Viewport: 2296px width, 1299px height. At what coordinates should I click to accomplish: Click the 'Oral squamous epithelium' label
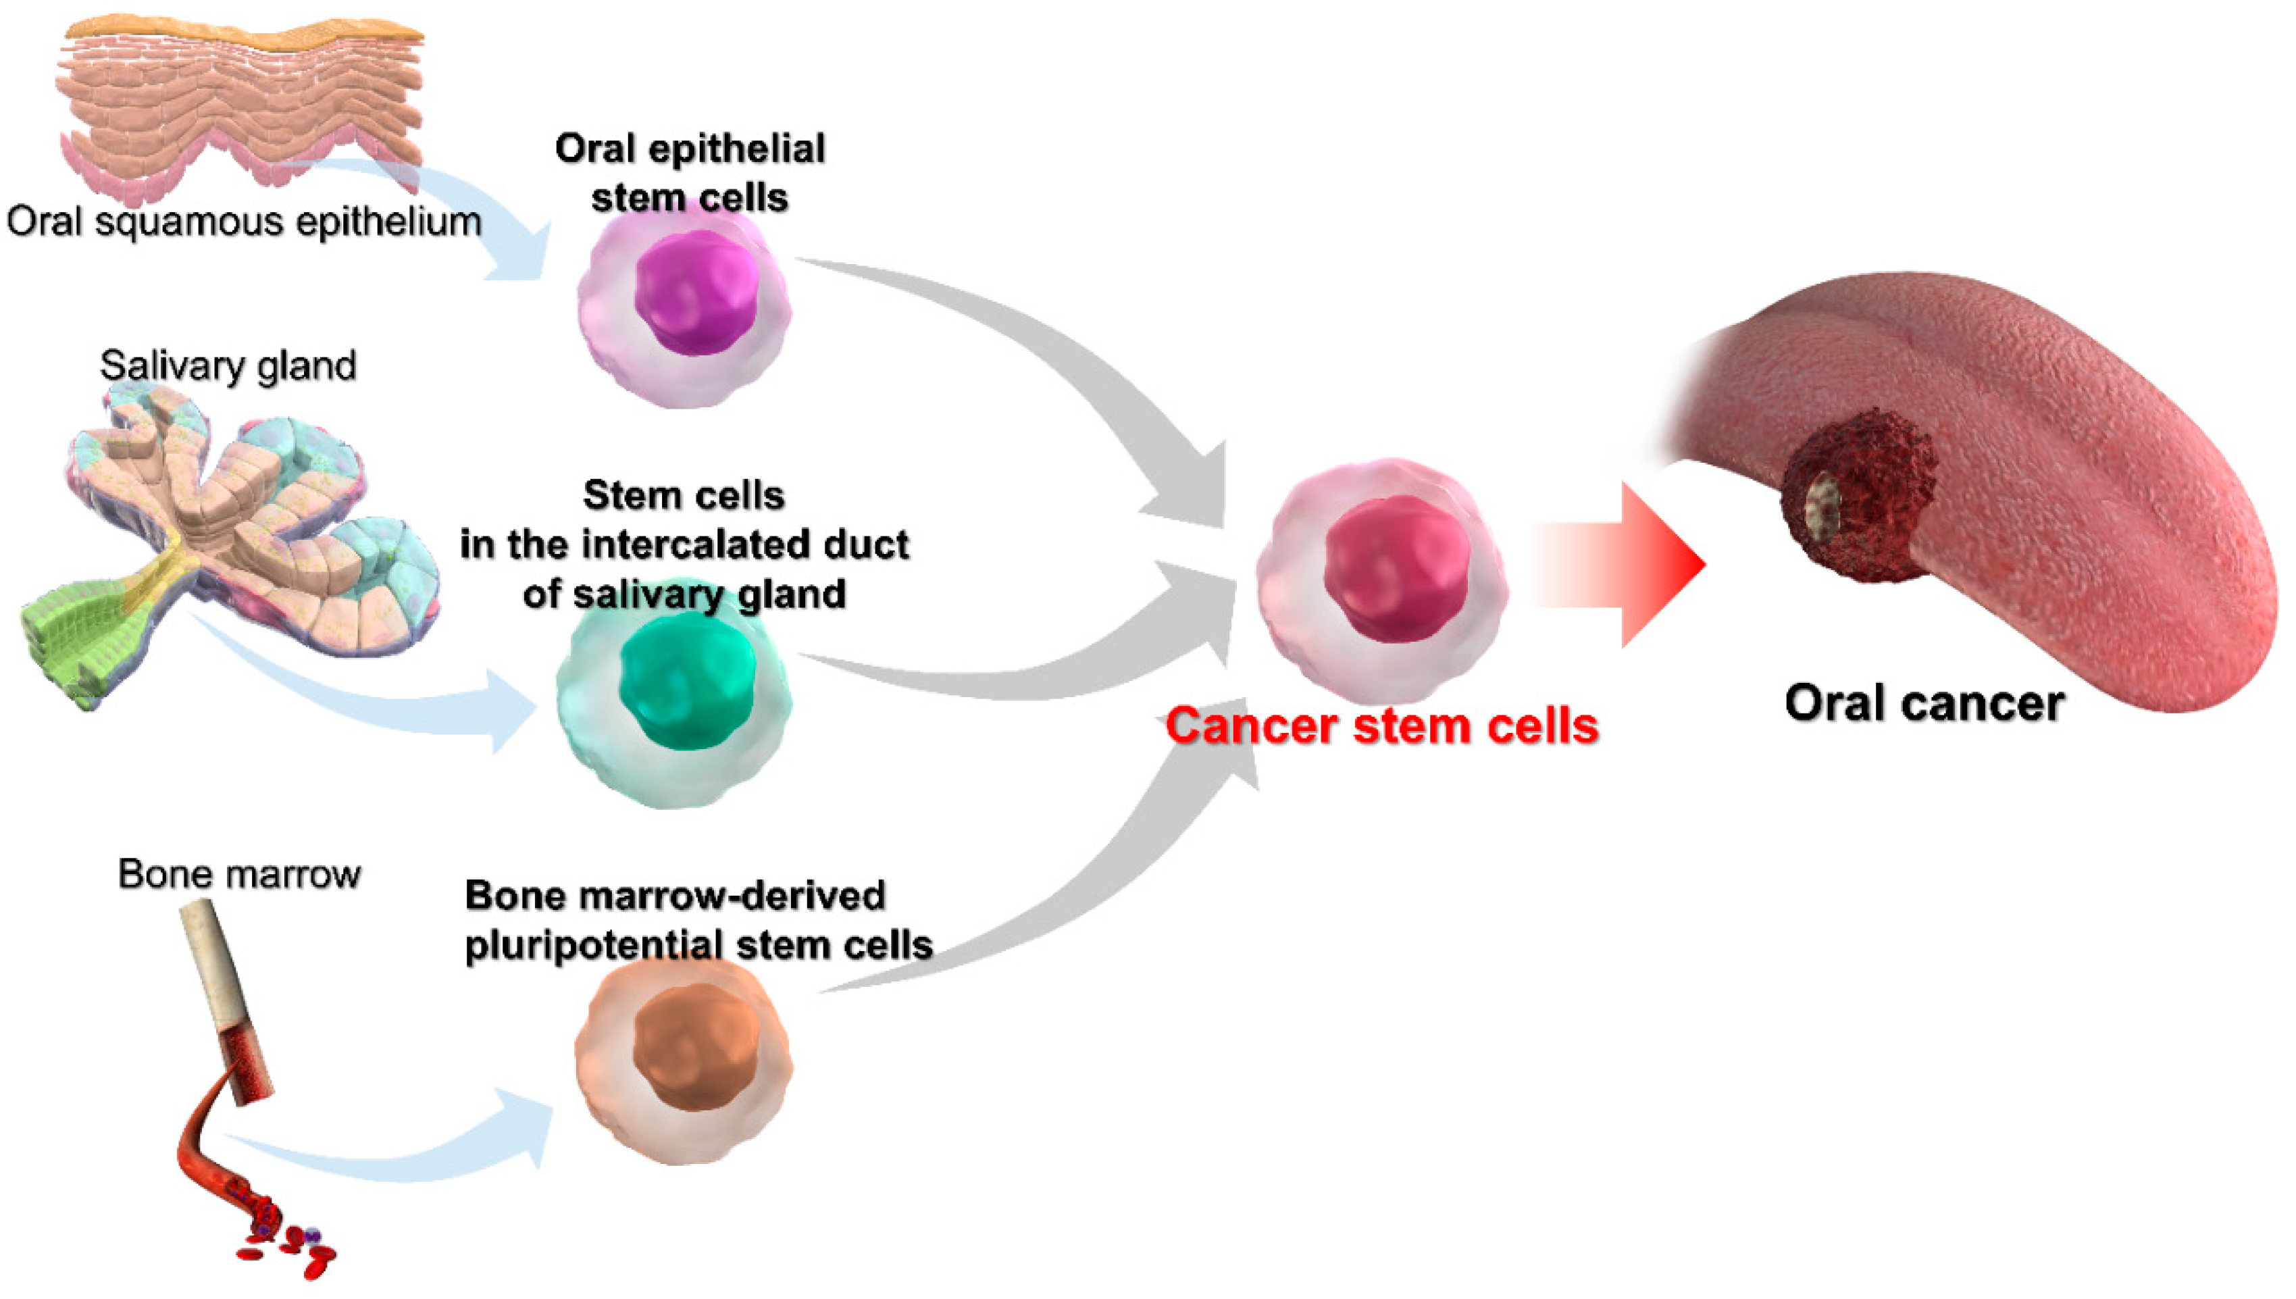pos(243,222)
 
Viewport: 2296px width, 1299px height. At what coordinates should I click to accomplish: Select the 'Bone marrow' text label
pos(239,874)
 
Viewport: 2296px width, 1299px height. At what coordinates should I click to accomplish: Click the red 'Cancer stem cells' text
pos(1381,726)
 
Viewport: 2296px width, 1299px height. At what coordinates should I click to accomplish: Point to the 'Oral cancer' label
pos(1924,704)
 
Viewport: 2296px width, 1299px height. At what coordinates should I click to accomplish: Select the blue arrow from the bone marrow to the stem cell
pos(392,1155)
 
